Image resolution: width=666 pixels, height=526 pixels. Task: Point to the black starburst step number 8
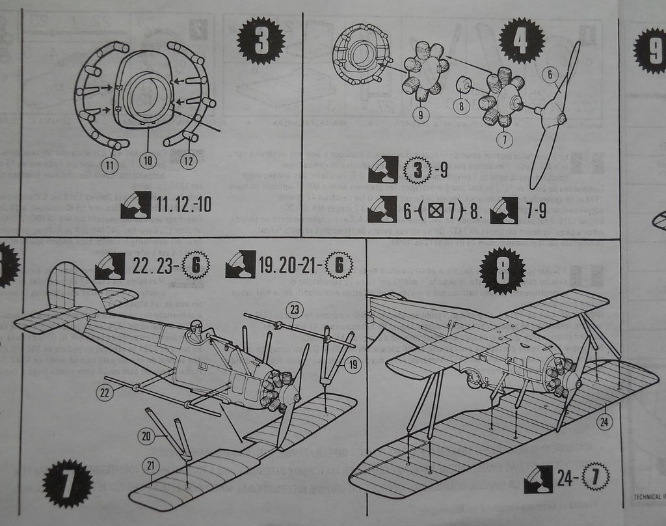[502, 271]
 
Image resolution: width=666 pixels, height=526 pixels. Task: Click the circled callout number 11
[110, 166]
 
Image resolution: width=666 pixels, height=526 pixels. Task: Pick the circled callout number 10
[148, 159]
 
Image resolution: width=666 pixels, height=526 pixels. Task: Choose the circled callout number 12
[189, 160]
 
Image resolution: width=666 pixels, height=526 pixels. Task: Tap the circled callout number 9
[421, 115]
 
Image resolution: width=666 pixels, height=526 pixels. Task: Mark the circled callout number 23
[294, 310]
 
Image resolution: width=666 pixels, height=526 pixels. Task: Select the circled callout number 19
[352, 365]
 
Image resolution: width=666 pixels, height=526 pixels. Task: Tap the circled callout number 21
[152, 465]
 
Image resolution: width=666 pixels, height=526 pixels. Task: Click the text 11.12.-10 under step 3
[183, 204]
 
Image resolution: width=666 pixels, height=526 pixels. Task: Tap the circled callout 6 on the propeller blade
[550, 76]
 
